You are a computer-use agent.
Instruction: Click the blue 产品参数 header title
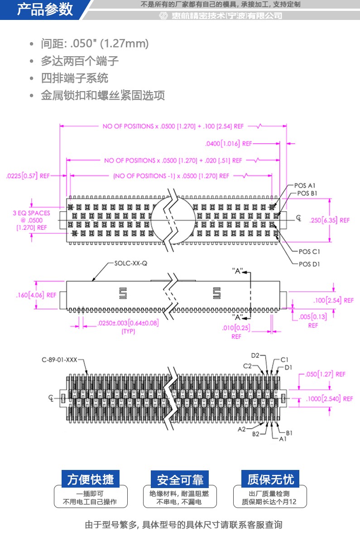pos(45,10)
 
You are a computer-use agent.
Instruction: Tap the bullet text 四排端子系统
pos(75,78)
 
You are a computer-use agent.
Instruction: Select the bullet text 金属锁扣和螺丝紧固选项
pos(103,96)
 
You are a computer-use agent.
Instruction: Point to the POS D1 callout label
pos(309,264)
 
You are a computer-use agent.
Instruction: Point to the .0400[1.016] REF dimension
pos(228,144)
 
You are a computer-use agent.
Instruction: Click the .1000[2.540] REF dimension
pos(329,399)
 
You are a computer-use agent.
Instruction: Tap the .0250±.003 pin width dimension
pos(128,323)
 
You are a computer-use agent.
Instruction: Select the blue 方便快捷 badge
pos(91,479)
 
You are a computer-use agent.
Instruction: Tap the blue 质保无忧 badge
pos(270,479)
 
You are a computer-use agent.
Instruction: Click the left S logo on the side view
pos(122,294)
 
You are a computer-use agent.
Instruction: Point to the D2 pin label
pos(255,356)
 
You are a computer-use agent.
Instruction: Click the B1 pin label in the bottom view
pos(289,433)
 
